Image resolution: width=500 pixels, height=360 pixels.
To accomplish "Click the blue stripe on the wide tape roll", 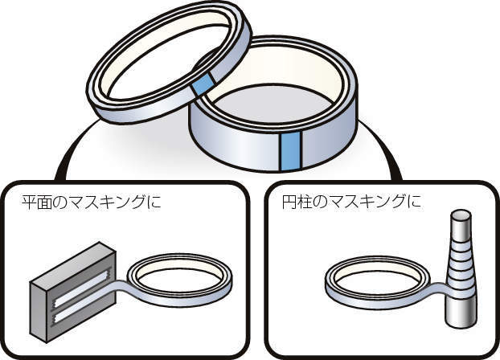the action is click(x=290, y=152).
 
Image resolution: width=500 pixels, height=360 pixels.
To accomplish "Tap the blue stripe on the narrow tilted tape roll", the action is click(x=203, y=84).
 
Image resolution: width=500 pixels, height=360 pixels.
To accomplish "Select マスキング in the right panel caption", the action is click(x=367, y=202).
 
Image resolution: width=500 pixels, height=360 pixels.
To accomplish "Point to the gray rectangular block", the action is click(x=73, y=292).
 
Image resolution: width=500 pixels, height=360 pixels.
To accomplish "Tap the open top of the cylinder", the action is click(x=461, y=216).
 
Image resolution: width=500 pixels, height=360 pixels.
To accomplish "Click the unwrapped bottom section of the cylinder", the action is click(x=460, y=313).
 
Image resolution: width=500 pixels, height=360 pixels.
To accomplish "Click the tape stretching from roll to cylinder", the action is click(x=439, y=288).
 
